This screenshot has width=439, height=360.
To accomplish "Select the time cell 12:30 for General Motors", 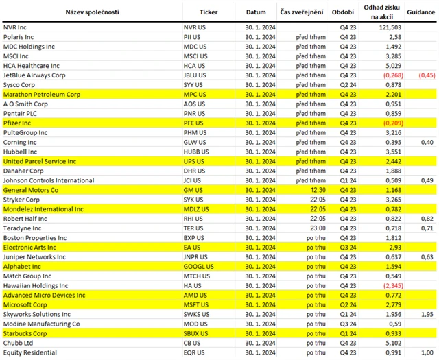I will (317, 190).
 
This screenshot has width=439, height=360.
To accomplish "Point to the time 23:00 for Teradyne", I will (317, 228).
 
